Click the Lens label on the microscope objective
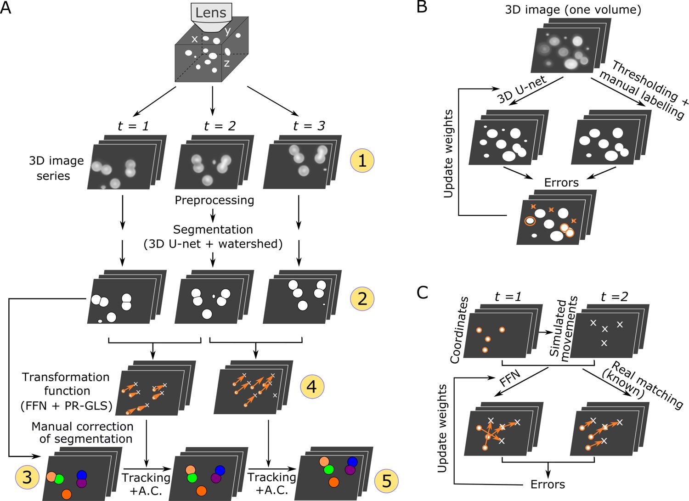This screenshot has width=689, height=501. [x=211, y=12]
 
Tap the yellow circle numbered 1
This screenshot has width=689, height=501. [x=362, y=161]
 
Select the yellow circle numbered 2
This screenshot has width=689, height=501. [x=362, y=299]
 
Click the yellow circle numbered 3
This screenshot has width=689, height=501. [x=27, y=478]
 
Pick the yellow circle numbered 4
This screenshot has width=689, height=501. [x=312, y=387]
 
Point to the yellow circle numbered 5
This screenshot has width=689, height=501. [x=387, y=481]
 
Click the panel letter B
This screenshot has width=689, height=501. [x=422, y=8]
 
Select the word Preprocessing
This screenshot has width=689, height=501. [x=215, y=200]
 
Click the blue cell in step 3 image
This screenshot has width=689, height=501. [x=82, y=475]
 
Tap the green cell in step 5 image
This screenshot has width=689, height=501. [x=328, y=470]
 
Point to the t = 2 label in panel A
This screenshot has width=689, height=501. [x=220, y=125]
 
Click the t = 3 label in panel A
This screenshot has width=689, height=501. [x=309, y=125]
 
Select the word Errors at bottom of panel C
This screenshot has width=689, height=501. [x=548, y=484]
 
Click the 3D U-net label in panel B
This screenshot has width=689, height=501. [x=522, y=90]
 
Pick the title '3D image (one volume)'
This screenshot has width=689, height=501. [x=573, y=10]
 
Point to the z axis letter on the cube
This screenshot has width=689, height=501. [x=226, y=63]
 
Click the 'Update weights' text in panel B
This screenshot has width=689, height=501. [x=449, y=153]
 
